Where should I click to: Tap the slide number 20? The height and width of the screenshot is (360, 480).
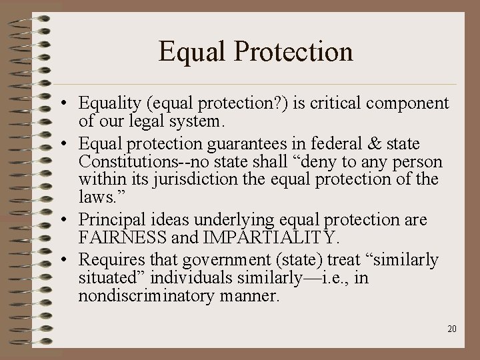pyautogui.click(x=452, y=328)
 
